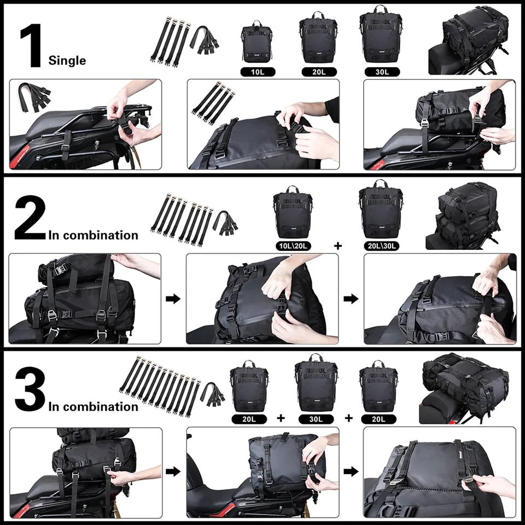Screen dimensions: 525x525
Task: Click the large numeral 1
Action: click(x=31, y=46)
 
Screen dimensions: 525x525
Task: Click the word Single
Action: click(x=67, y=60)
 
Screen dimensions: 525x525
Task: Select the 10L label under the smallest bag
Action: click(x=257, y=72)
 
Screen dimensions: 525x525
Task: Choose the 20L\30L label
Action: click(x=381, y=246)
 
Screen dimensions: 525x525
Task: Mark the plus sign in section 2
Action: click(x=338, y=246)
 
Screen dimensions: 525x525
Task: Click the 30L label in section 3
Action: click(x=316, y=419)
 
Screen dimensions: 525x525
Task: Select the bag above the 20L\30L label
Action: click(x=381, y=211)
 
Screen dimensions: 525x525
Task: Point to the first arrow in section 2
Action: click(x=173, y=299)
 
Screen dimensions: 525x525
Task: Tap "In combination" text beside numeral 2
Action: click(x=94, y=236)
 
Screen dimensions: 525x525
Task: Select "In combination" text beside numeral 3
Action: click(x=94, y=406)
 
